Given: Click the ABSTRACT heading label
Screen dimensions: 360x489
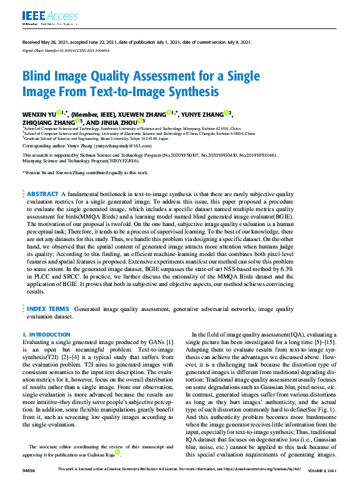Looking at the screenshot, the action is coord(42,194).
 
